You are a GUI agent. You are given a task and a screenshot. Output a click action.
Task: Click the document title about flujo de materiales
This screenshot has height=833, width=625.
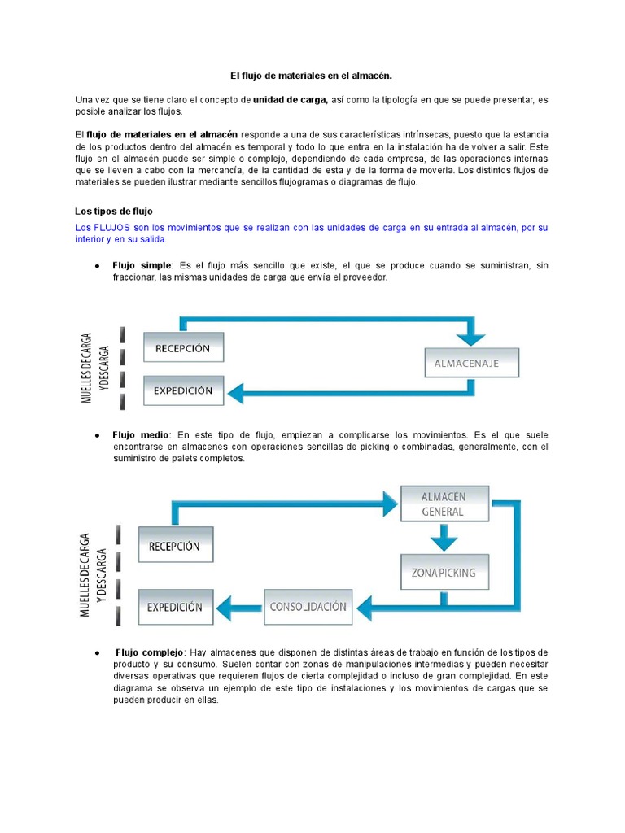click(x=312, y=76)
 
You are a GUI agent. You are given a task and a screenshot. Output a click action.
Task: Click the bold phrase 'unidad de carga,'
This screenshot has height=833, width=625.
click(x=290, y=99)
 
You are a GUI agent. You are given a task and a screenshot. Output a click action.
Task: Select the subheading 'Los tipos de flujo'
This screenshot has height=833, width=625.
click(x=113, y=212)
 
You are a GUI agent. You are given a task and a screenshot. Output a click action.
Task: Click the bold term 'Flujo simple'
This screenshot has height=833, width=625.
click(x=142, y=265)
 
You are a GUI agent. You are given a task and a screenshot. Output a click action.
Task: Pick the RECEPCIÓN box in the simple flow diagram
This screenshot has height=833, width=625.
click(x=183, y=347)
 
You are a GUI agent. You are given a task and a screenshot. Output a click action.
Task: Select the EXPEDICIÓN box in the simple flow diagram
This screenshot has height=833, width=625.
click(x=183, y=390)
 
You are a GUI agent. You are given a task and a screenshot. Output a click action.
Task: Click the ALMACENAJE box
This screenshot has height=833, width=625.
click(x=472, y=364)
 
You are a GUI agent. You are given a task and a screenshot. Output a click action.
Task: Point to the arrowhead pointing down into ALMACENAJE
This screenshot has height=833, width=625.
click(x=471, y=338)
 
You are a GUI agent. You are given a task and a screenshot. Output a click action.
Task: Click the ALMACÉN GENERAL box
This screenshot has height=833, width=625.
click(x=444, y=504)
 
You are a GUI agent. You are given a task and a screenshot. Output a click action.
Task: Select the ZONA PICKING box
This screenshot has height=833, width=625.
click(x=444, y=572)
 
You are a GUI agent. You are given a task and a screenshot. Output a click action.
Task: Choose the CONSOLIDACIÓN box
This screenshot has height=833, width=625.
click(x=308, y=606)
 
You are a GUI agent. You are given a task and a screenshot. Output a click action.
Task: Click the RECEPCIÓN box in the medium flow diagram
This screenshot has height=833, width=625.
click(x=174, y=546)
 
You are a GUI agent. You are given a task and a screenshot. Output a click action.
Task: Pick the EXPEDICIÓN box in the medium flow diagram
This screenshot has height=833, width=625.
click(x=175, y=607)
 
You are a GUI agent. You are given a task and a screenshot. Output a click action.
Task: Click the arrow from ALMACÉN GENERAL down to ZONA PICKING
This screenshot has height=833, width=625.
click(x=444, y=537)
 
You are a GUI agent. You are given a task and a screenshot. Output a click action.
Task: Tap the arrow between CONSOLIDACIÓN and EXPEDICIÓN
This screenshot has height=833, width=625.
click(x=239, y=606)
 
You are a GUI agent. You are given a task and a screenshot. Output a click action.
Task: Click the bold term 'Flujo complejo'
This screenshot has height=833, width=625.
click(x=150, y=652)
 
